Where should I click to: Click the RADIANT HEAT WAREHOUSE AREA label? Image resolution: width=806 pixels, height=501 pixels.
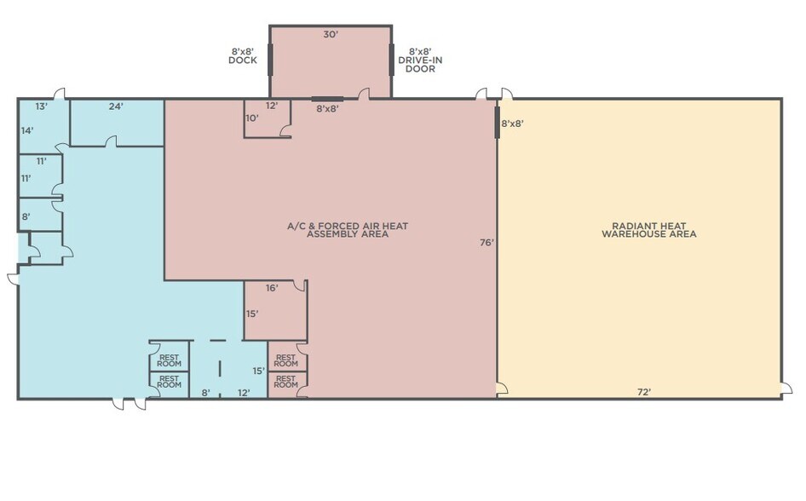648,229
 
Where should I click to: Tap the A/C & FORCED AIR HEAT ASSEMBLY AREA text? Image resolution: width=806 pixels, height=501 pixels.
348,229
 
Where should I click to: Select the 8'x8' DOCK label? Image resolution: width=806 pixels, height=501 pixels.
243,55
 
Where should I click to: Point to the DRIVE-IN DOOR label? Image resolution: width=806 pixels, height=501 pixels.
420,60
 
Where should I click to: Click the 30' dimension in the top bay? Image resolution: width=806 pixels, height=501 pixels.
330,35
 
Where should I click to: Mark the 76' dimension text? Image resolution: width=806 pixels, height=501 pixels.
486,243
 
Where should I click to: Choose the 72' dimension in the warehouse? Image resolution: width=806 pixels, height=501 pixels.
645,392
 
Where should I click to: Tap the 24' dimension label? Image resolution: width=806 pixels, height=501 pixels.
116,107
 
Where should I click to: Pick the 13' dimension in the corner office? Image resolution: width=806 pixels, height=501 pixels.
40,107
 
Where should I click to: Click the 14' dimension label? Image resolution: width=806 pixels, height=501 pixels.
26,130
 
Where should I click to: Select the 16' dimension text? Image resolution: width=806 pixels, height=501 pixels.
272,288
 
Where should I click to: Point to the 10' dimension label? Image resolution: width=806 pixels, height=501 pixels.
251,118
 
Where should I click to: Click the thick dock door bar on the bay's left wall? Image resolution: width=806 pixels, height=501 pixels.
270,60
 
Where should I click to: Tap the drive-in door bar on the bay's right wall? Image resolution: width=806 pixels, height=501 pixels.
391,60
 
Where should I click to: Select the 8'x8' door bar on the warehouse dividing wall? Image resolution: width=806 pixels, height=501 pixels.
497,122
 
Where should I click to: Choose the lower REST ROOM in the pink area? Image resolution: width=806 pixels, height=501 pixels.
286,381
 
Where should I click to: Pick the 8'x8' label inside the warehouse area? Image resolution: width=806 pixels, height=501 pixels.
512,124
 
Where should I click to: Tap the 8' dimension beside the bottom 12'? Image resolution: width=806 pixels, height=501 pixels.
206,393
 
